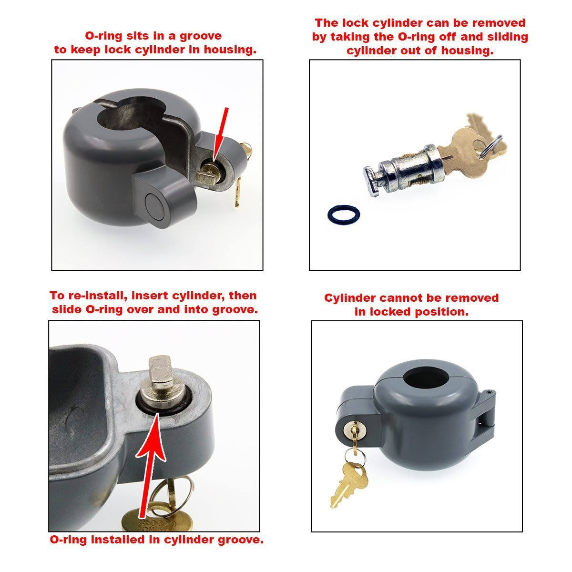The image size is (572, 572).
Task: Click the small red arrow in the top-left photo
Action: (222, 133)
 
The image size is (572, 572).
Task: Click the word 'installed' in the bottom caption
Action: (115, 540)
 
